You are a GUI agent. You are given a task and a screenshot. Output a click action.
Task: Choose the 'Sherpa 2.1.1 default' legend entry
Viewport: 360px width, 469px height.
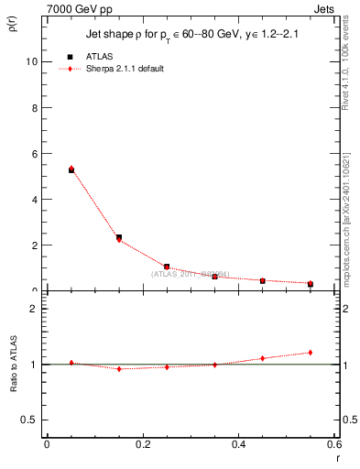click(125, 69)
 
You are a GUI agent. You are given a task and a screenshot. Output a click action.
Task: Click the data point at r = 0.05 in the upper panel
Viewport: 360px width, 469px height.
click(71, 169)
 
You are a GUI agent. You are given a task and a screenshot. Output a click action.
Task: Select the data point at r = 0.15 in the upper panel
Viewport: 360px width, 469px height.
click(119, 238)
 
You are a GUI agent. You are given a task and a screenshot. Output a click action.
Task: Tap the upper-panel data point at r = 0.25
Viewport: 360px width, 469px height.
click(167, 267)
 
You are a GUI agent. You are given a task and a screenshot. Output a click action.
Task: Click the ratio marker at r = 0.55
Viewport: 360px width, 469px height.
click(311, 353)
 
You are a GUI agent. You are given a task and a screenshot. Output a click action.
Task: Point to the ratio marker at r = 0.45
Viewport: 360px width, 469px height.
click(263, 358)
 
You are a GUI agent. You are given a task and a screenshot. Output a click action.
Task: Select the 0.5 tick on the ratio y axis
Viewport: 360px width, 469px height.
click(29, 420)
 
